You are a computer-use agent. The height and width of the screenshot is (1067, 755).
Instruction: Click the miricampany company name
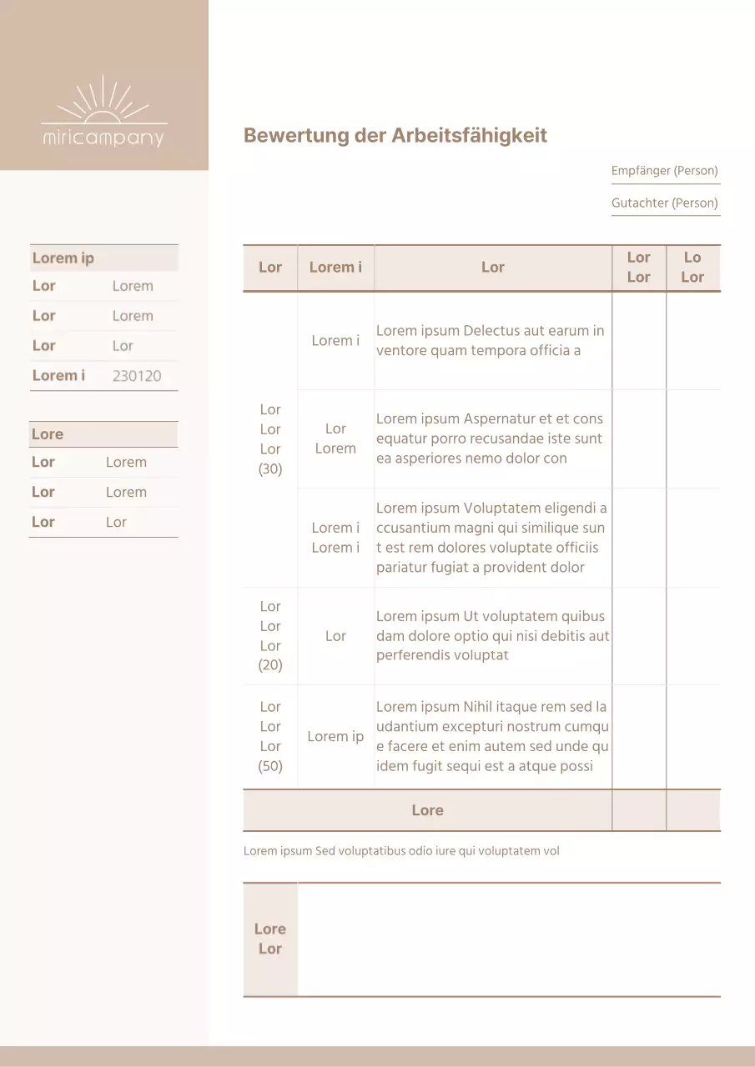(103, 138)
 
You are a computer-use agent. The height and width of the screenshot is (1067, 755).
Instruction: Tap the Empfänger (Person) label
(664, 171)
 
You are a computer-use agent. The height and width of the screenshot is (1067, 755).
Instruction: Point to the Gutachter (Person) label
(664, 203)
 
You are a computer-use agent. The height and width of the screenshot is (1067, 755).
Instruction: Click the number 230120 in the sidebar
(137, 376)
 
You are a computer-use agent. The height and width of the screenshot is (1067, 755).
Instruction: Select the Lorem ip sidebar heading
(63, 258)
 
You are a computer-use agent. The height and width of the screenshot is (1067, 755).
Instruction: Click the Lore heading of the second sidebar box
(48, 434)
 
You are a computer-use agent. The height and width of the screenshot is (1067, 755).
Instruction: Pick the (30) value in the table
(270, 469)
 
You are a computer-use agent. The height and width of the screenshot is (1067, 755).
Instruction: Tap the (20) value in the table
(270, 665)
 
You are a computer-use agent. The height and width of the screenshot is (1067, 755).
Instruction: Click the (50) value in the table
(270, 766)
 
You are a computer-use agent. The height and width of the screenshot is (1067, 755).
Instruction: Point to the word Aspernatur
(500, 419)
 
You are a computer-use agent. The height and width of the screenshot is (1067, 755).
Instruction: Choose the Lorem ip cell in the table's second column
(335, 737)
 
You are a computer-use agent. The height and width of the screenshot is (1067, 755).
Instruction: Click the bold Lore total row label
(427, 810)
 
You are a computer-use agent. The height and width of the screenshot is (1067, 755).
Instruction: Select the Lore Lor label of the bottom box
(270, 939)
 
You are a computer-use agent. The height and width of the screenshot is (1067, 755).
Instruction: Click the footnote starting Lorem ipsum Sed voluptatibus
(401, 851)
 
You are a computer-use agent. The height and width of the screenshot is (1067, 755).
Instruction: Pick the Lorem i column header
(335, 268)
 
